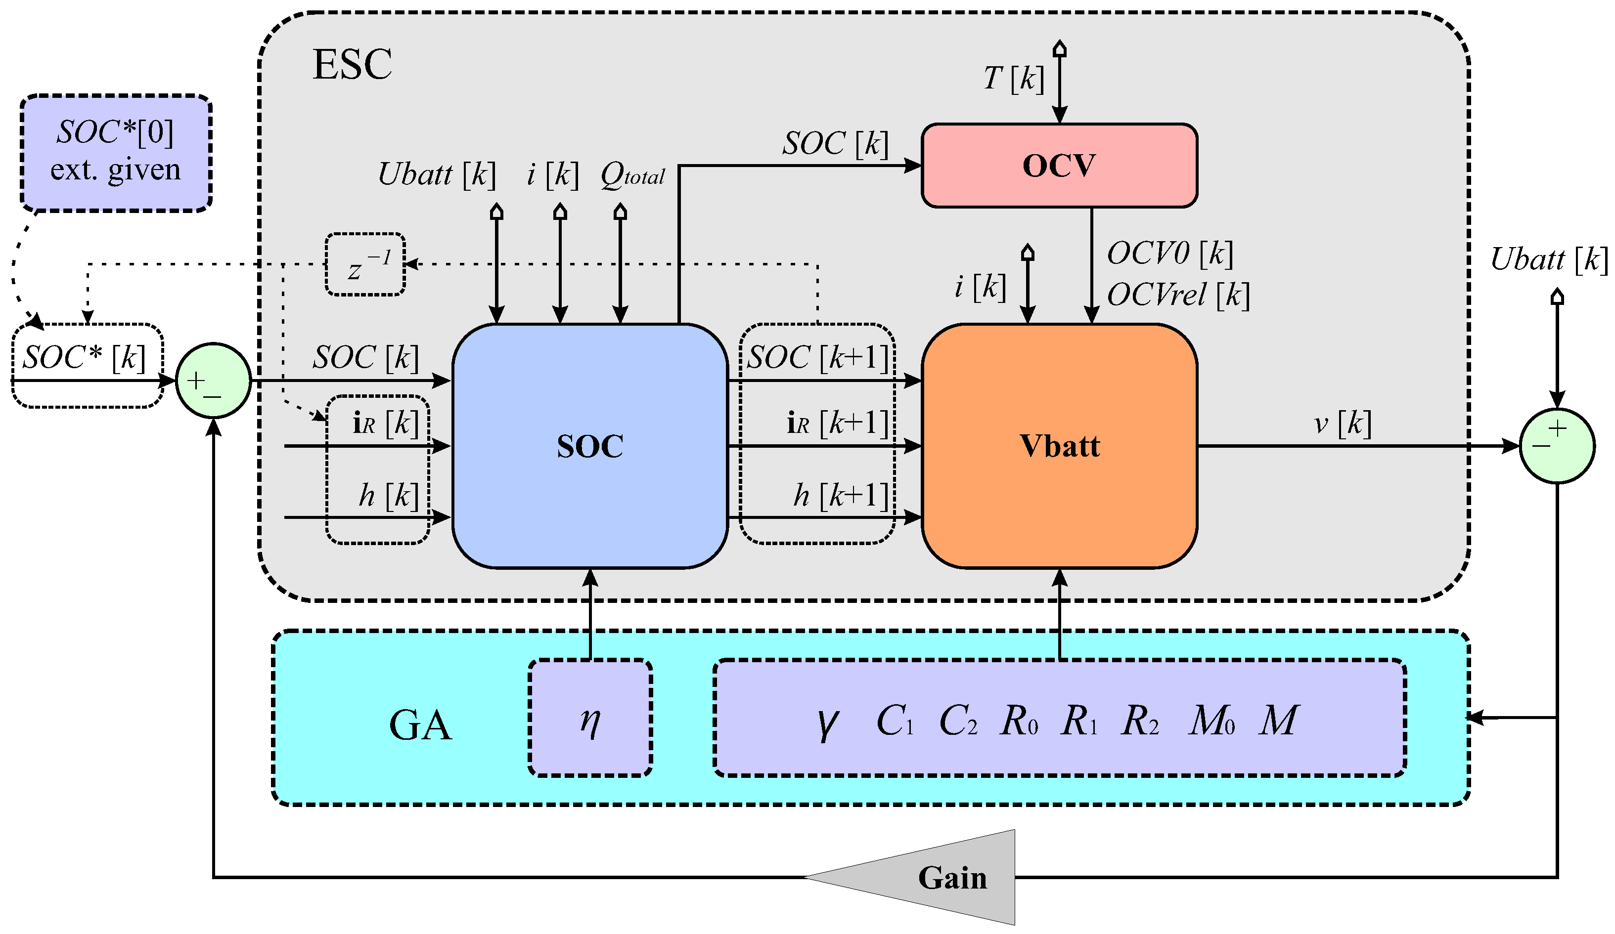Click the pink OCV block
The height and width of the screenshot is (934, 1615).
coord(1059,165)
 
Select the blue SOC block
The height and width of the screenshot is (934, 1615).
coord(589,446)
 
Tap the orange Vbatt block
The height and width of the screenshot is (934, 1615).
coord(1059,446)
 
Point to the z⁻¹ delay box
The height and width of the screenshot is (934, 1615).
coord(364,264)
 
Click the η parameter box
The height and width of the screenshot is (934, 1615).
coord(589,718)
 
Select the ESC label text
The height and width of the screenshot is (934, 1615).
coord(352,64)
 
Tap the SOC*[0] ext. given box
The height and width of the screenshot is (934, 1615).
coord(116,153)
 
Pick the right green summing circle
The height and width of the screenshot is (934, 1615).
coord(1557,445)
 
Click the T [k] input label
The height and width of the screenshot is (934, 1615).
coord(1014,79)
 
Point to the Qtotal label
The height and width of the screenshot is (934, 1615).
coord(632,174)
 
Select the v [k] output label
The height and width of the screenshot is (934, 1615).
coord(1342,424)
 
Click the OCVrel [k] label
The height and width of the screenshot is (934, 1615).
coord(1178,295)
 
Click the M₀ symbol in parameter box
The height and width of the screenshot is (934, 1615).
coord(1211,721)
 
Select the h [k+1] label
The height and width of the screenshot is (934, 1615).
coord(840,495)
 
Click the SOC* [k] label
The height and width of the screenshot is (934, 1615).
coord(84,357)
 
